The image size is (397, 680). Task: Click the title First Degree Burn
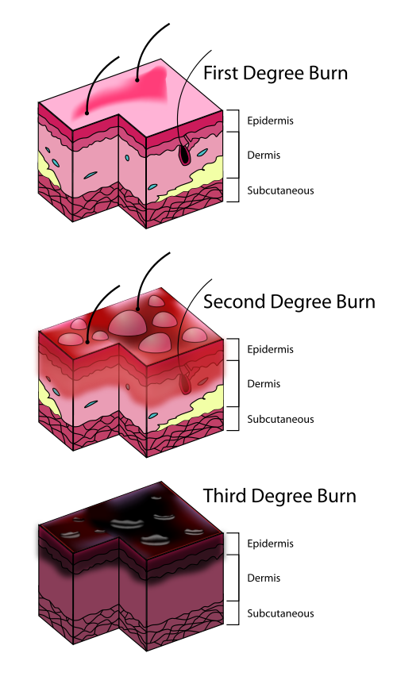coord(276,73)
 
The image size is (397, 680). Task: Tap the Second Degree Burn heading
coord(289,302)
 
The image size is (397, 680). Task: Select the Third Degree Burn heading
coord(279,496)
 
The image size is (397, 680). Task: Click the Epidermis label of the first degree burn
coord(270,121)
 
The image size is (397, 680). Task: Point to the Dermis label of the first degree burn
coord(264,156)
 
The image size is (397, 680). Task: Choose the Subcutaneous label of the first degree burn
coord(280,190)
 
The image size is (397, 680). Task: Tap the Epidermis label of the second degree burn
coord(270,350)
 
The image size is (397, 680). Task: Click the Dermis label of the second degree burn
coord(264,384)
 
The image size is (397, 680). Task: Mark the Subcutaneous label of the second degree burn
coord(280,420)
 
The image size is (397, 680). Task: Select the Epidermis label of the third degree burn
coord(270,544)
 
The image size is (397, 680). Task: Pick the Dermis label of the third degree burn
coord(264,578)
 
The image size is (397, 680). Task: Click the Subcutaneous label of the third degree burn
coord(280,613)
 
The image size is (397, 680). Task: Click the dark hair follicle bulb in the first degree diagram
coord(184,155)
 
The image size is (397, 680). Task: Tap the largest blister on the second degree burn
coord(126,324)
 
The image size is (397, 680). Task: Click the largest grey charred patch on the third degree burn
coord(127,523)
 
